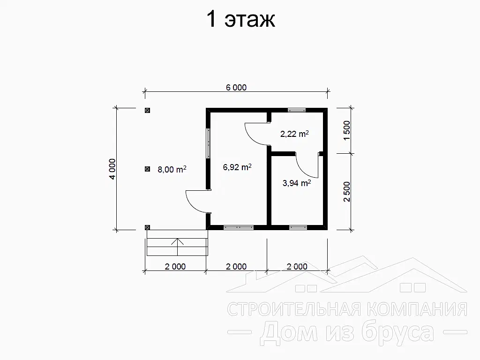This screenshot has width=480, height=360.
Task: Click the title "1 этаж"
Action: (x=241, y=19)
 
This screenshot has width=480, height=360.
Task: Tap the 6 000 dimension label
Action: (x=236, y=88)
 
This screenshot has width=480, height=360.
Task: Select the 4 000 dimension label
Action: (x=112, y=169)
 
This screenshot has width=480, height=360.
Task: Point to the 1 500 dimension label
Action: (x=346, y=131)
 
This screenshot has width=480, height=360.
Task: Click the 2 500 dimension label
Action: (x=346, y=192)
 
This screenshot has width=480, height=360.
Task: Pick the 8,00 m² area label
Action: (x=172, y=169)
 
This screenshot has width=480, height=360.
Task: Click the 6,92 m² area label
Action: (x=237, y=167)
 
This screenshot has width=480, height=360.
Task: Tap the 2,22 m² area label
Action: (x=294, y=134)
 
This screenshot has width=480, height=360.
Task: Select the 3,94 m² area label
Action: (x=297, y=183)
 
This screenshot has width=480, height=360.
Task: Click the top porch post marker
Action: (x=147, y=111)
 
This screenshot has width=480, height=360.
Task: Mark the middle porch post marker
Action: (x=147, y=169)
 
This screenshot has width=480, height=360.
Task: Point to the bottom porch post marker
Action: (x=147, y=227)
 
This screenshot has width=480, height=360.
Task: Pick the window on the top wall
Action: (x=297, y=110)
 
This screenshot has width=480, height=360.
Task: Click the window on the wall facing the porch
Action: (x=208, y=143)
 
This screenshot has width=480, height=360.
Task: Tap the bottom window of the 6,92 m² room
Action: (x=239, y=227)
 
